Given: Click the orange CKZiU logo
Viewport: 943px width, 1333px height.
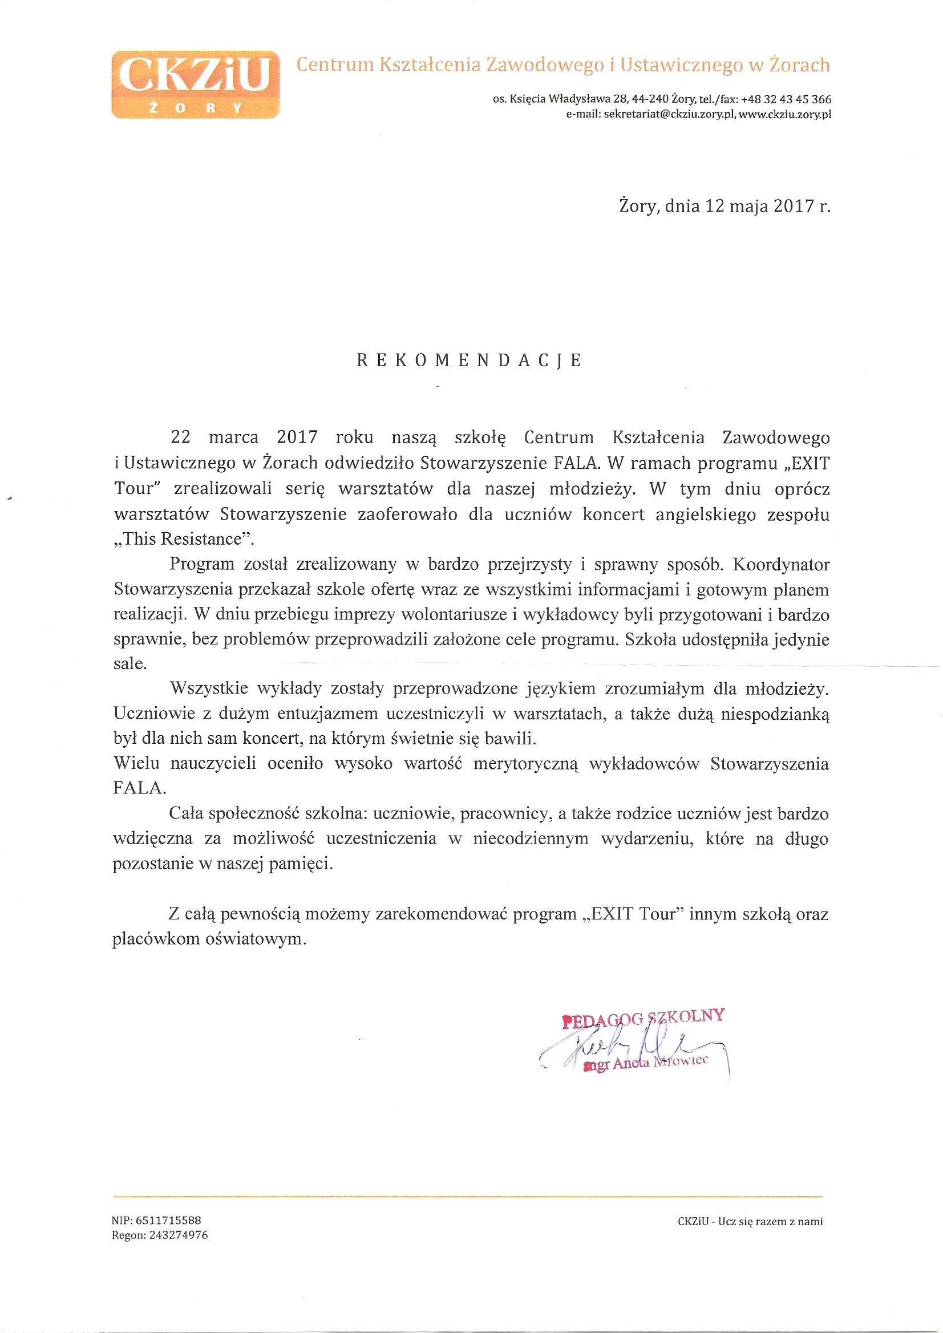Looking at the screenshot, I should coord(195,85).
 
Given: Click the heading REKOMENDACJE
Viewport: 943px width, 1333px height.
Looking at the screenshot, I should coord(469,360).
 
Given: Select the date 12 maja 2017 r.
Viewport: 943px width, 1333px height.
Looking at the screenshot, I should coord(767,206).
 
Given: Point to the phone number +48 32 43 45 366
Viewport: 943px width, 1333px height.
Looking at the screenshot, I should coord(786,99).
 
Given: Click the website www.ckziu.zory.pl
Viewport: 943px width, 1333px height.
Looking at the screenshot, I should coord(784,115).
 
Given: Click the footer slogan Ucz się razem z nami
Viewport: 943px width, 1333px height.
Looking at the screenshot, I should coord(770,1221).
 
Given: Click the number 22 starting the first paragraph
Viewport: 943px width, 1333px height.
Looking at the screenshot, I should coord(181,437).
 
